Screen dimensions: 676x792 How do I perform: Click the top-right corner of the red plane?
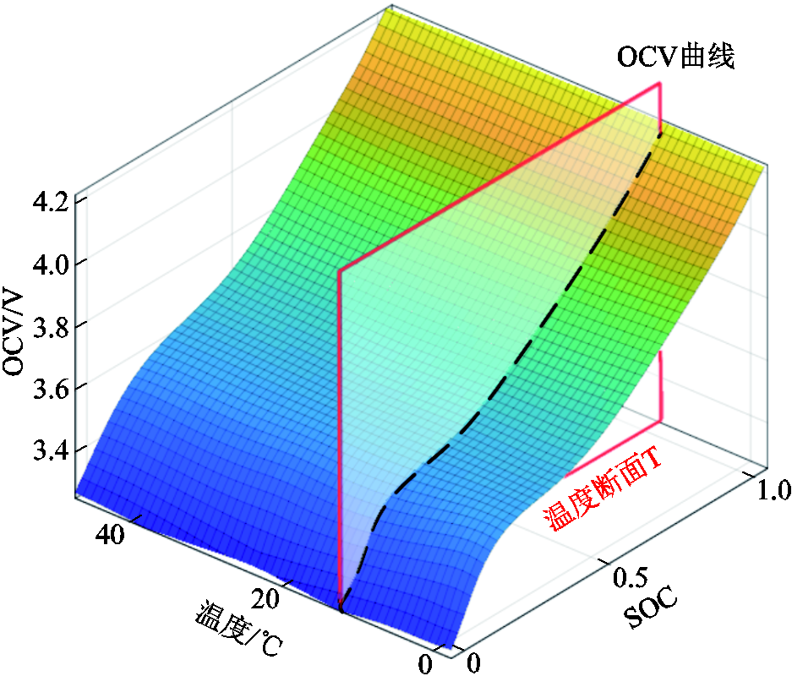tap(659, 83)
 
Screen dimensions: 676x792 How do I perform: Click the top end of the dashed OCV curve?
tap(660, 131)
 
